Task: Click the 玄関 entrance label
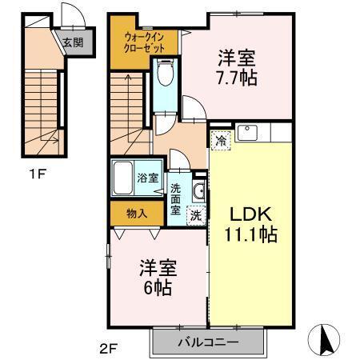tap(73, 43)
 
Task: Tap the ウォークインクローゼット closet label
tap(144, 42)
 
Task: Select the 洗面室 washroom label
tap(176, 200)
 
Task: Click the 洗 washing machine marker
tap(194, 214)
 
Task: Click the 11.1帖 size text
tap(250, 236)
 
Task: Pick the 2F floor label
tap(109, 349)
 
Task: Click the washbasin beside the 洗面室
tap(199, 190)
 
